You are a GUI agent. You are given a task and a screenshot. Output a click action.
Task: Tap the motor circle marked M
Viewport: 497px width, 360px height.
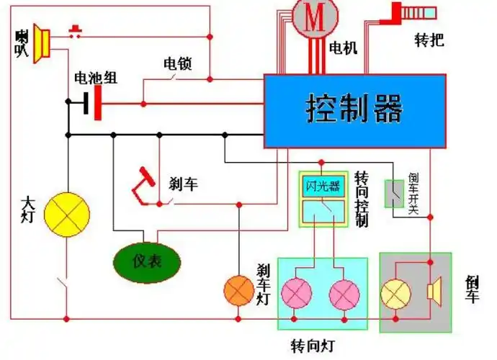(x=313, y=17)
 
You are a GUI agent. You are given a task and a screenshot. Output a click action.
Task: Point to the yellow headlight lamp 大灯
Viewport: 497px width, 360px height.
(x=67, y=213)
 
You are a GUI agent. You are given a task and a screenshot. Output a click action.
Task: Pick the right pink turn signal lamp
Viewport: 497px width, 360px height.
(x=344, y=294)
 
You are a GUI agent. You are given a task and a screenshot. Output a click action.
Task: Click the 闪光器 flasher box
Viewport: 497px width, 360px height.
(x=323, y=186)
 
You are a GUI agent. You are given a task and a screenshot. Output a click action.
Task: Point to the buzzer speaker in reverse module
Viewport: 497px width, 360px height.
(x=434, y=292)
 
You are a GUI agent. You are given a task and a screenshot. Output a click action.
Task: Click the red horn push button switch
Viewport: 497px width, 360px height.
(x=75, y=31)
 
